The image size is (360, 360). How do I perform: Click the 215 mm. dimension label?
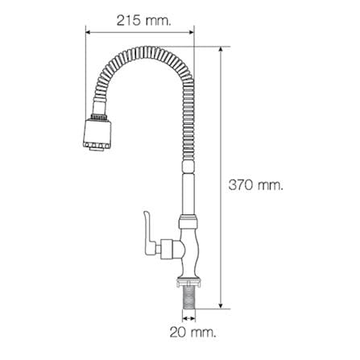coord(143,20)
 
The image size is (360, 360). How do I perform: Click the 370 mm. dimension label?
coord(256,185)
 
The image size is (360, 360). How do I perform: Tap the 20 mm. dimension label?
coord(192,333)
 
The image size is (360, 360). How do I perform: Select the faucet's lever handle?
coord(150,233)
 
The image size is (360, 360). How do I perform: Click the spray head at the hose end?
coord(97,133)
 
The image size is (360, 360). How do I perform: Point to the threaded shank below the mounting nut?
coord(189,298)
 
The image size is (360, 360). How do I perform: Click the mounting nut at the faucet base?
coord(189,283)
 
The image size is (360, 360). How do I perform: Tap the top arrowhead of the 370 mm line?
coord(221,50)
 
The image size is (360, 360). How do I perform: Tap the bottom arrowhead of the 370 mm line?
coord(221,305)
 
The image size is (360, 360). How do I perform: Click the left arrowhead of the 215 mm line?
coord(89,32)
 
